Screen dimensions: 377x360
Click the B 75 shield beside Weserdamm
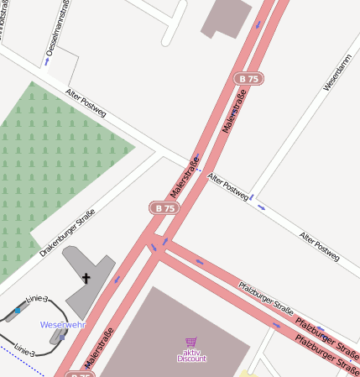coord(248,78)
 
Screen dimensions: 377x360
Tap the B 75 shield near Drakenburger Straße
coord(164,207)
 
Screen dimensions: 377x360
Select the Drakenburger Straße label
coord(67,233)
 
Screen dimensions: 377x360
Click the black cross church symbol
coord(86,278)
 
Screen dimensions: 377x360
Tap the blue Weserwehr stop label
coord(63,324)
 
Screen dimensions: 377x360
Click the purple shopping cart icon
coord(191,343)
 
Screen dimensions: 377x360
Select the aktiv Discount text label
coord(191,355)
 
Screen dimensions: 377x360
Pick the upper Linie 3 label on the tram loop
coord(37,300)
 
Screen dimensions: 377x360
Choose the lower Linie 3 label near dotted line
coord(23,348)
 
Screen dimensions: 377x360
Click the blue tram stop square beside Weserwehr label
coord(61,338)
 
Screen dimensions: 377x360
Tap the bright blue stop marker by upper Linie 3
coord(18,311)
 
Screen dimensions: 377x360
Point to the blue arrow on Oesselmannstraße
coord(47,61)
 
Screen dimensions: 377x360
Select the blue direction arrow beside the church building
coord(117,279)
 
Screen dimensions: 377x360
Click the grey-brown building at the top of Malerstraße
coord(225,17)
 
